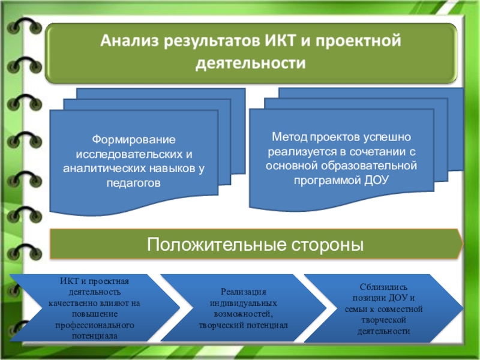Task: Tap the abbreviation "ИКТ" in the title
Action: (276, 42)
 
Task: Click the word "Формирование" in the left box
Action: (133, 139)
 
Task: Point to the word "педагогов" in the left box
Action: (133, 182)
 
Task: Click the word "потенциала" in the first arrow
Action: (94, 336)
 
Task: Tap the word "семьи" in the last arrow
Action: (355, 309)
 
